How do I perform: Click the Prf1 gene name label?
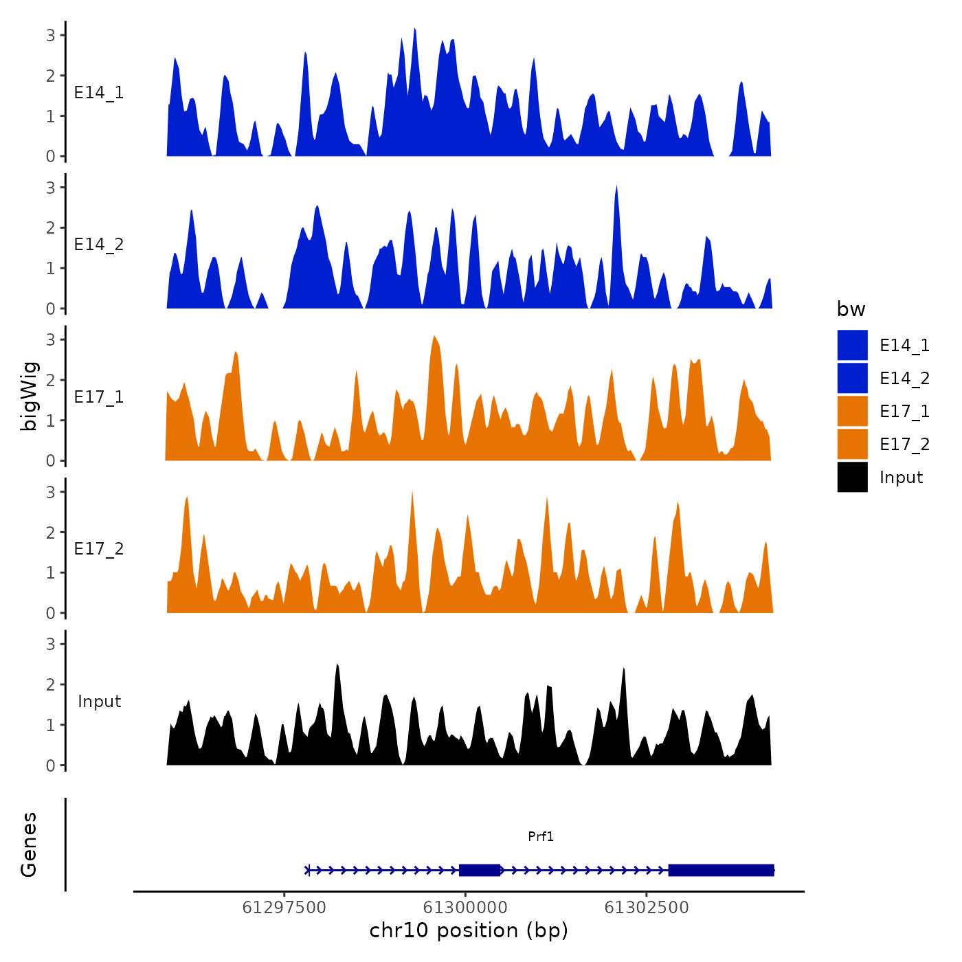[x=541, y=836]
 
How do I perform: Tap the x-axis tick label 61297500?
[x=284, y=908]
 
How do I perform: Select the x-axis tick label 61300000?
[x=465, y=908]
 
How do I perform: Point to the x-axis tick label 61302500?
[x=646, y=908]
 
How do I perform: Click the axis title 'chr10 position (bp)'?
[x=469, y=930]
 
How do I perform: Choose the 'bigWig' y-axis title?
[x=30, y=396]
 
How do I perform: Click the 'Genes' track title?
[x=29, y=844]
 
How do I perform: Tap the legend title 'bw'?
[x=851, y=309]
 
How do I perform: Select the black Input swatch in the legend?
[x=852, y=477]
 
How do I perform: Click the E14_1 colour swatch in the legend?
[x=852, y=345]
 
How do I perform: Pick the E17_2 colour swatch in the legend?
[x=852, y=444]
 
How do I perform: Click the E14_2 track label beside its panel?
[x=99, y=245]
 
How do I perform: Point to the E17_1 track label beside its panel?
[x=99, y=397]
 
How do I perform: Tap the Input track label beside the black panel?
[x=99, y=702]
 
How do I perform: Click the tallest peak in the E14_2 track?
[x=616, y=188]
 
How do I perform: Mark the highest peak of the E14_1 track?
[x=414, y=31]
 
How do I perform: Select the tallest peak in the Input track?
[x=337, y=667]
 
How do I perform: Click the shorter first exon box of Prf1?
[x=480, y=870]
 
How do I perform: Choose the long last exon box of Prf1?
[x=721, y=870]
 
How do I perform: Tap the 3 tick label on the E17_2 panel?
[x=50, y=492]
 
